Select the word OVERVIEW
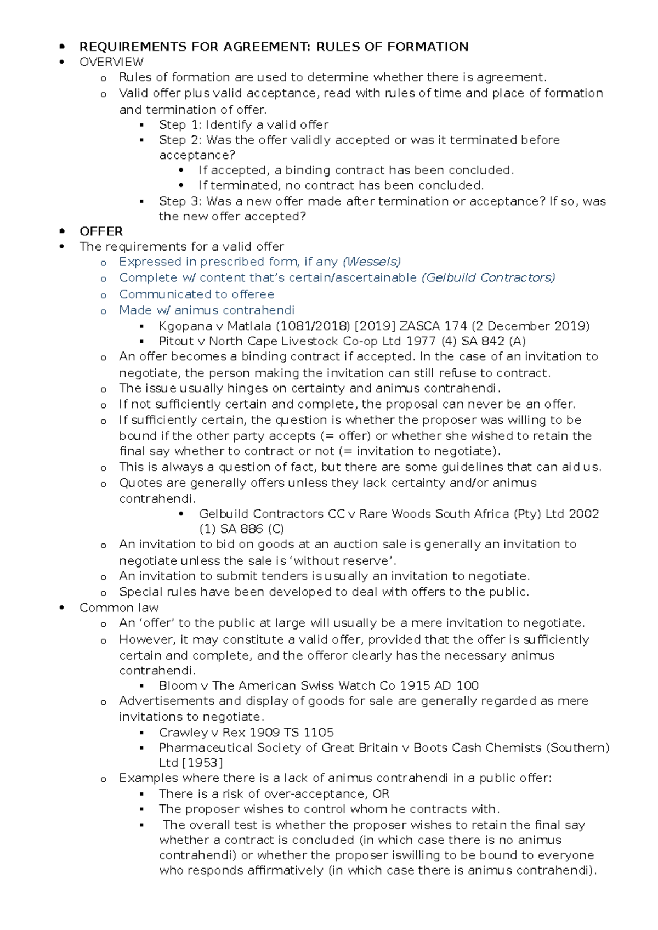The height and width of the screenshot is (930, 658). (x=111, y=62)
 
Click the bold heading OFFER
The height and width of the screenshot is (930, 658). (x=101, y=231)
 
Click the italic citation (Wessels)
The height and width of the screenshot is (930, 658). (x=371, y=262)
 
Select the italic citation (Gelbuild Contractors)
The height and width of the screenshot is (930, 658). (x=488, y=277)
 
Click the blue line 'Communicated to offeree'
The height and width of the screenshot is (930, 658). (x=196, y=294)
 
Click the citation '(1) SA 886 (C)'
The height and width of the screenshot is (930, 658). (x=241, y=529)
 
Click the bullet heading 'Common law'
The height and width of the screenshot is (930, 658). (x=119, y=608)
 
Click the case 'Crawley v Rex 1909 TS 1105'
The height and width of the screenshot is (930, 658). (x=246, y=733)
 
